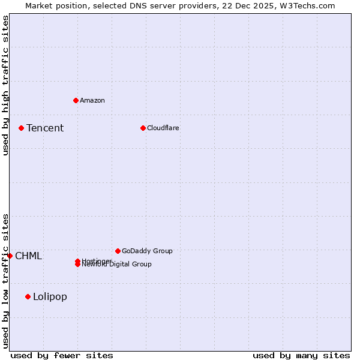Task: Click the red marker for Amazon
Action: [x=76, y=100]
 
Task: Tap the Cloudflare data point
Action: [x=143, y=128]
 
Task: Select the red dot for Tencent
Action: [x=21, y=128]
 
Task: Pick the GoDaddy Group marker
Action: [x=118, y=251]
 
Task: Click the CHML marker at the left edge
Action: [x=10, y=256]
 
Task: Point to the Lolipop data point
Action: [x=28, y=296]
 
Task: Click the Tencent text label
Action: [x=45, y=128]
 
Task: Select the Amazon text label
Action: [x=92, y=100]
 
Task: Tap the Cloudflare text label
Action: [x=163, y=128]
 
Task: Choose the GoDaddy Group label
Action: [x=147, y=251]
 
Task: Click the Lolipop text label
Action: [x=50, y=296]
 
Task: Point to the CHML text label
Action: [x=28, y=256]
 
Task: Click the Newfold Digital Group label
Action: [x=117, y=265]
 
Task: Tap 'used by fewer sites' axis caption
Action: [x=62, y=355]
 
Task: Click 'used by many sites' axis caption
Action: [x=301, y=355]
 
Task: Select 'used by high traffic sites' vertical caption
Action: [x=6, y=85]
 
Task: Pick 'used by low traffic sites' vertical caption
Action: [x=6, y=280]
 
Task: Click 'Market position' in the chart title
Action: [x=53, y=5]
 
